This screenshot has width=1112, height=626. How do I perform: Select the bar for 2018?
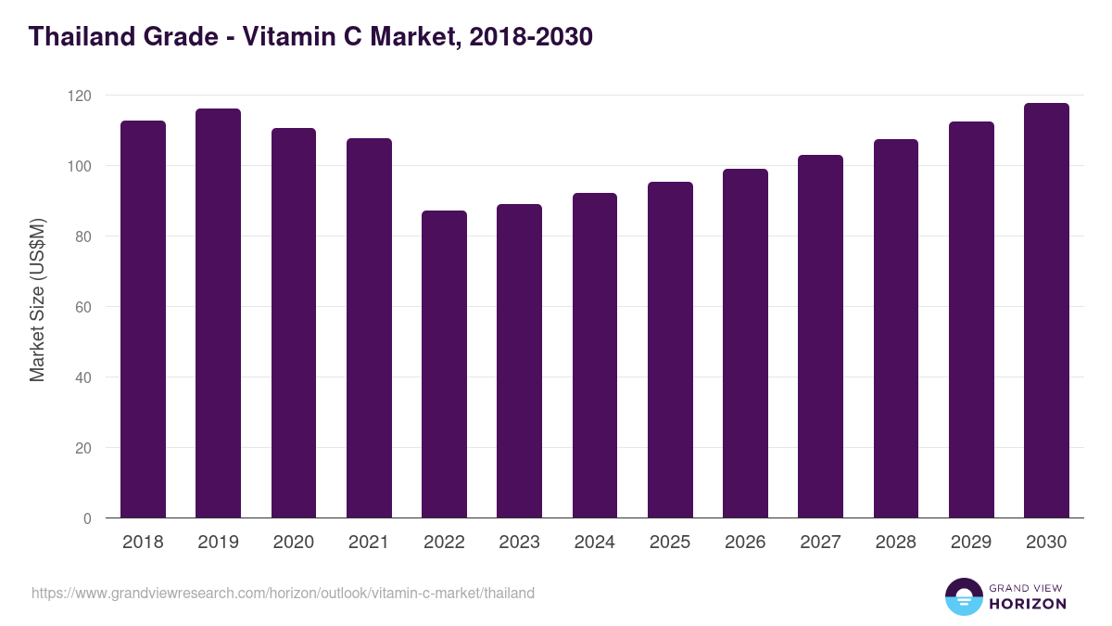tap(143, 319)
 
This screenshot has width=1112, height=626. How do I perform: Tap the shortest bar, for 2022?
tap(444, 364)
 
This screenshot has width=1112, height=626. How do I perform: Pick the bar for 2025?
tap(670, 350)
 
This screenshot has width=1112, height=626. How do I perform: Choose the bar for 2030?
tap(1046, 311)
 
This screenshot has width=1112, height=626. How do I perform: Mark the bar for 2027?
tap(820, 337)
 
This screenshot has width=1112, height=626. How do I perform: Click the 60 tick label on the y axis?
tap(84, 307)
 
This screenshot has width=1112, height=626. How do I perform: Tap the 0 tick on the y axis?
tap(87, 518)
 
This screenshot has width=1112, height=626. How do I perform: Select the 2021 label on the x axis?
tap(369, 543)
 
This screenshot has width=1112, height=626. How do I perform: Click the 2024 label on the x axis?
tap(594, 543)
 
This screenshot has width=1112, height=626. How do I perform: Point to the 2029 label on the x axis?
tap(971, 543)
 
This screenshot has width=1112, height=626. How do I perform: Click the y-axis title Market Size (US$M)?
tap(37, 300)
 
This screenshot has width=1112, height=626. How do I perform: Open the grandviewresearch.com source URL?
tap(283, 593)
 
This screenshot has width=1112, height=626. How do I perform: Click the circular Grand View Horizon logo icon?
tap(963, 596)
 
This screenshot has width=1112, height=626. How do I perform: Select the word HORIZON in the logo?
tap(1028, 604)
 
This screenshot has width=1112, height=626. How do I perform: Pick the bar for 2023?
tap(519, 361)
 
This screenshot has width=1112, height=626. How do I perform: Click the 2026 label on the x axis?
tap(745, 543)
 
